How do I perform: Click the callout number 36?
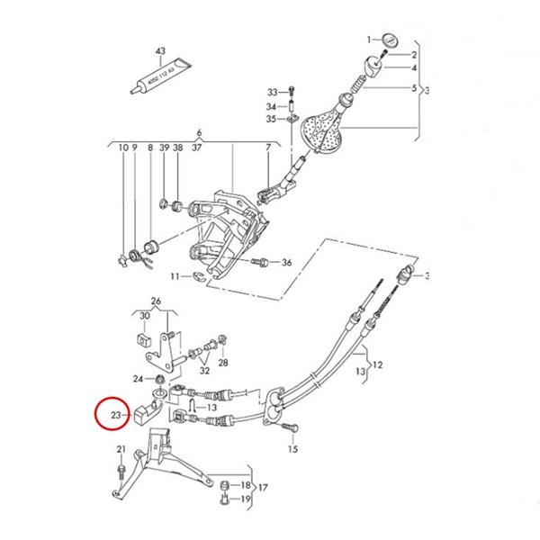point(286,263)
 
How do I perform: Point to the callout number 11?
point(176,275)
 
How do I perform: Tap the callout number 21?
point(121,448)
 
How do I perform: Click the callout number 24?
point(137,378)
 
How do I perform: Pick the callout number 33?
point(273,92)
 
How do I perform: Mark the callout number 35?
point(273,119)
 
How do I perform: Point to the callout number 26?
point(156,301)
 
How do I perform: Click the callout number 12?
point(378,365)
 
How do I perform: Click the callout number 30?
point(145,315)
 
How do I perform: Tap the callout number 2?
point(415,55)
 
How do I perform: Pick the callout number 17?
point(263,489)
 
